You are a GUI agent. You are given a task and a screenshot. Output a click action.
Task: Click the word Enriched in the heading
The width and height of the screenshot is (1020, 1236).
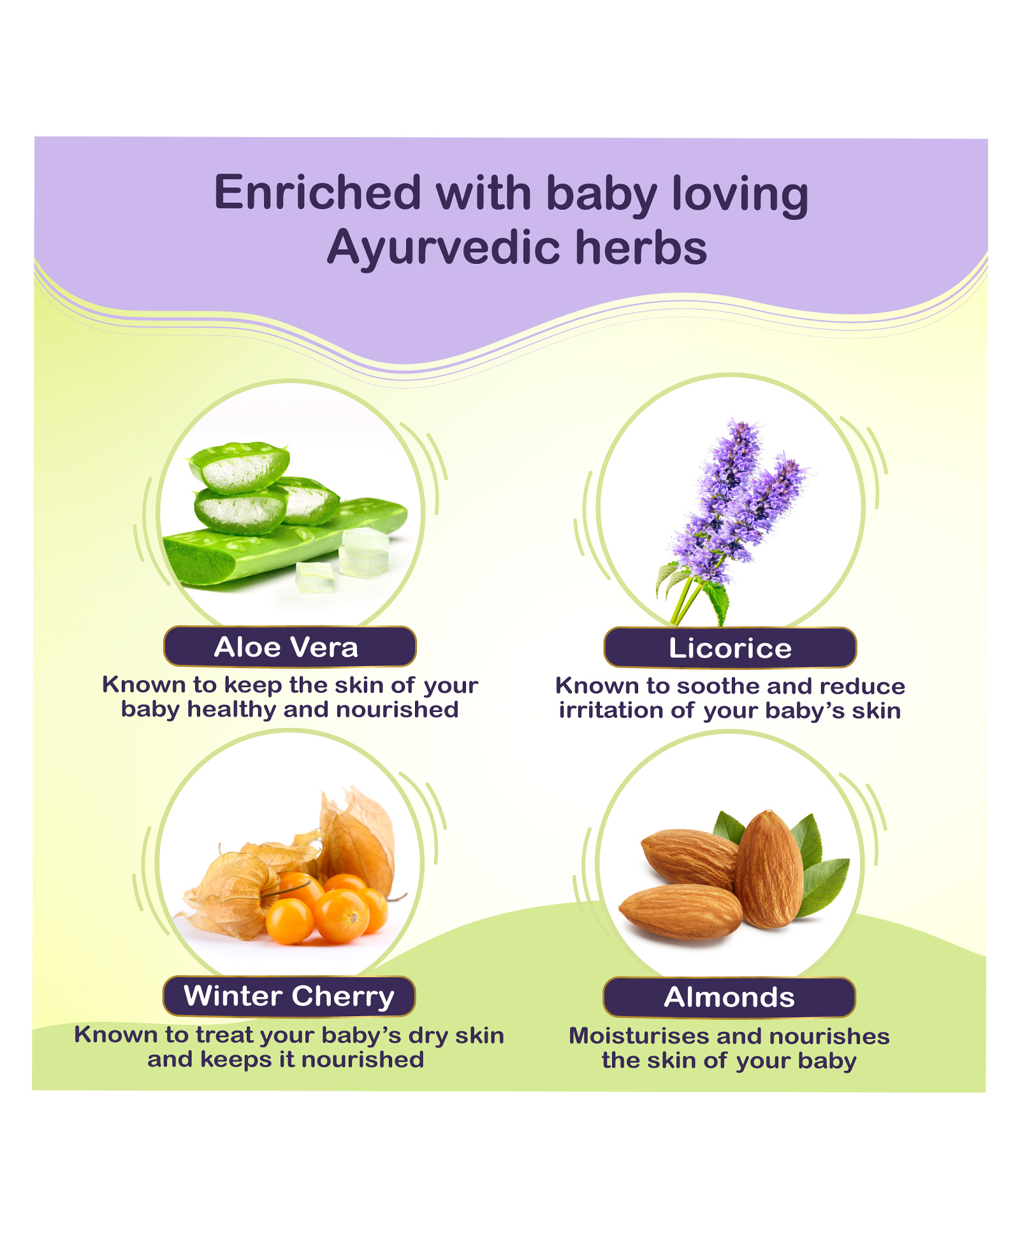coord(317,193)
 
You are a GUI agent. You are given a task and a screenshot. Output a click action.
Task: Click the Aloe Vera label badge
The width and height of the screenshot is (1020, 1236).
coord(290,646)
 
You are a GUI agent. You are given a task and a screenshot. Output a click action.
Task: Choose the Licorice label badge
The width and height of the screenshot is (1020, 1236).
coord(730,648)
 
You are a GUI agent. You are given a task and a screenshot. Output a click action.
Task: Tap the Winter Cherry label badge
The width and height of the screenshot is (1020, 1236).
coord(289,996)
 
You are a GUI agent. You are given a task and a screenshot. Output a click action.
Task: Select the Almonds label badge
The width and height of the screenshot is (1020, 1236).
coord(729,997)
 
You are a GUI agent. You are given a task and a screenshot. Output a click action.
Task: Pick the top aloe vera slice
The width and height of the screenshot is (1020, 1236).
coord(239,467)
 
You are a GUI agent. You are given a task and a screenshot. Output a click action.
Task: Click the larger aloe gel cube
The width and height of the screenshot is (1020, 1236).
coord(364,552)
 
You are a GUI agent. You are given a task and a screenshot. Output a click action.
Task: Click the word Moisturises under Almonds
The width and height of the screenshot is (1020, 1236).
coord(639,1036)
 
